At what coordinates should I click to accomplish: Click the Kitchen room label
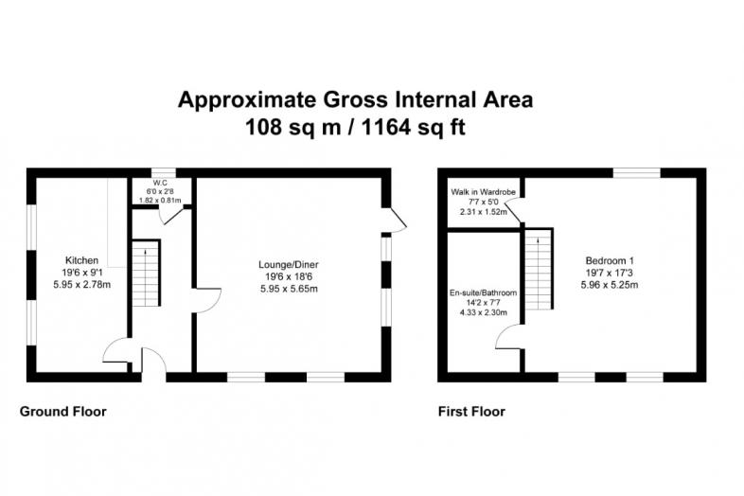coord(81,260)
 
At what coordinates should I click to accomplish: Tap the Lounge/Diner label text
coord(289,264)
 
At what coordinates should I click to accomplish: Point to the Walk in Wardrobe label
coord(483,192)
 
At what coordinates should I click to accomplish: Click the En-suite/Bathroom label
coord(483,292)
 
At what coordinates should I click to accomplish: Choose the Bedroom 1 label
coord(610,260)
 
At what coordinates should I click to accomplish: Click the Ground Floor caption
coord(63,411)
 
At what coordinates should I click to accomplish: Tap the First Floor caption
coord(471,411)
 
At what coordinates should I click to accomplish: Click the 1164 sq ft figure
coord(414,127)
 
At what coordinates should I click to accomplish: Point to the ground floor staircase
coord(146,273)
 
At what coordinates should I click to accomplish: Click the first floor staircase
coord(539,269)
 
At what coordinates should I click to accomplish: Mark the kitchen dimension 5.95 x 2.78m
coord(81,285)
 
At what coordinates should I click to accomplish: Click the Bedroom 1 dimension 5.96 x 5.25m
coord(610,285)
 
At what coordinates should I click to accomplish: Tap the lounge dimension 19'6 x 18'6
coord(289,276)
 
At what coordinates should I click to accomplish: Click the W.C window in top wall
coord(164,172)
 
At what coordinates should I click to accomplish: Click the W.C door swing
coord(171,216)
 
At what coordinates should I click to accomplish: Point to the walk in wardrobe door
coord(514,210)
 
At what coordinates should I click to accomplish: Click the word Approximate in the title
coord(247,100)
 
